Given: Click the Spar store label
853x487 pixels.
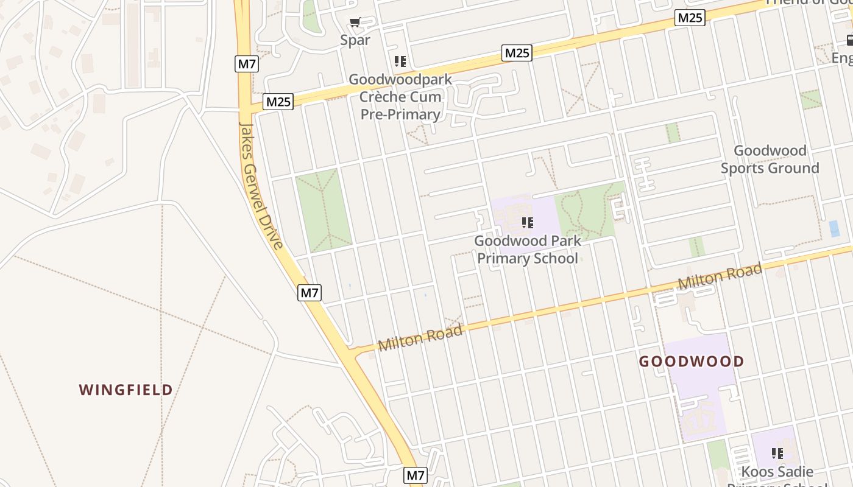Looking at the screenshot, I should click(x=355, y=40).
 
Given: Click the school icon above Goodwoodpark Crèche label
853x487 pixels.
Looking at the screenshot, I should click(x=400, y=61).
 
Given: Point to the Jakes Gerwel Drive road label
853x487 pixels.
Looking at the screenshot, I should click(x=261, y=186).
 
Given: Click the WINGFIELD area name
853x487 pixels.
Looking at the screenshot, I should click(x=126, y=390).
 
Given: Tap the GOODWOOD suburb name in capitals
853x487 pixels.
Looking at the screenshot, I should click(x=692, y=362).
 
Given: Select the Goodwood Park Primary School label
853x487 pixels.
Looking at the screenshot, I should click(x=528, y=250).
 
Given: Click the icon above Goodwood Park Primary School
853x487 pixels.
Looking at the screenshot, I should click(x=528, y=223).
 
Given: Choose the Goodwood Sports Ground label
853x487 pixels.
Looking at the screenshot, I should click(x=770, y=159).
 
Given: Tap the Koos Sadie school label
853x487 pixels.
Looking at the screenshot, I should click(x=777, y=472).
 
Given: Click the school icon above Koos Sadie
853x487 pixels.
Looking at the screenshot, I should click(x=777, y=453).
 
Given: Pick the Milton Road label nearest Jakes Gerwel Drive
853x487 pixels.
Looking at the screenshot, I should click(x=420, y=338).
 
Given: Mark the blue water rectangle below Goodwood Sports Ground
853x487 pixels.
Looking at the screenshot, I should click(x=834, y=229).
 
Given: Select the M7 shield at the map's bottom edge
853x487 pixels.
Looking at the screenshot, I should click(x=416, y=475).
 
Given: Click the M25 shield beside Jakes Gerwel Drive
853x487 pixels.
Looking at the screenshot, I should click(x=278, y=102).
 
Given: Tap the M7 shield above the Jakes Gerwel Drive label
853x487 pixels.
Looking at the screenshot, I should click(x=246, y=63).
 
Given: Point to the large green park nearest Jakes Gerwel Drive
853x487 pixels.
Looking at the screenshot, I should click(x=323, y=210).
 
